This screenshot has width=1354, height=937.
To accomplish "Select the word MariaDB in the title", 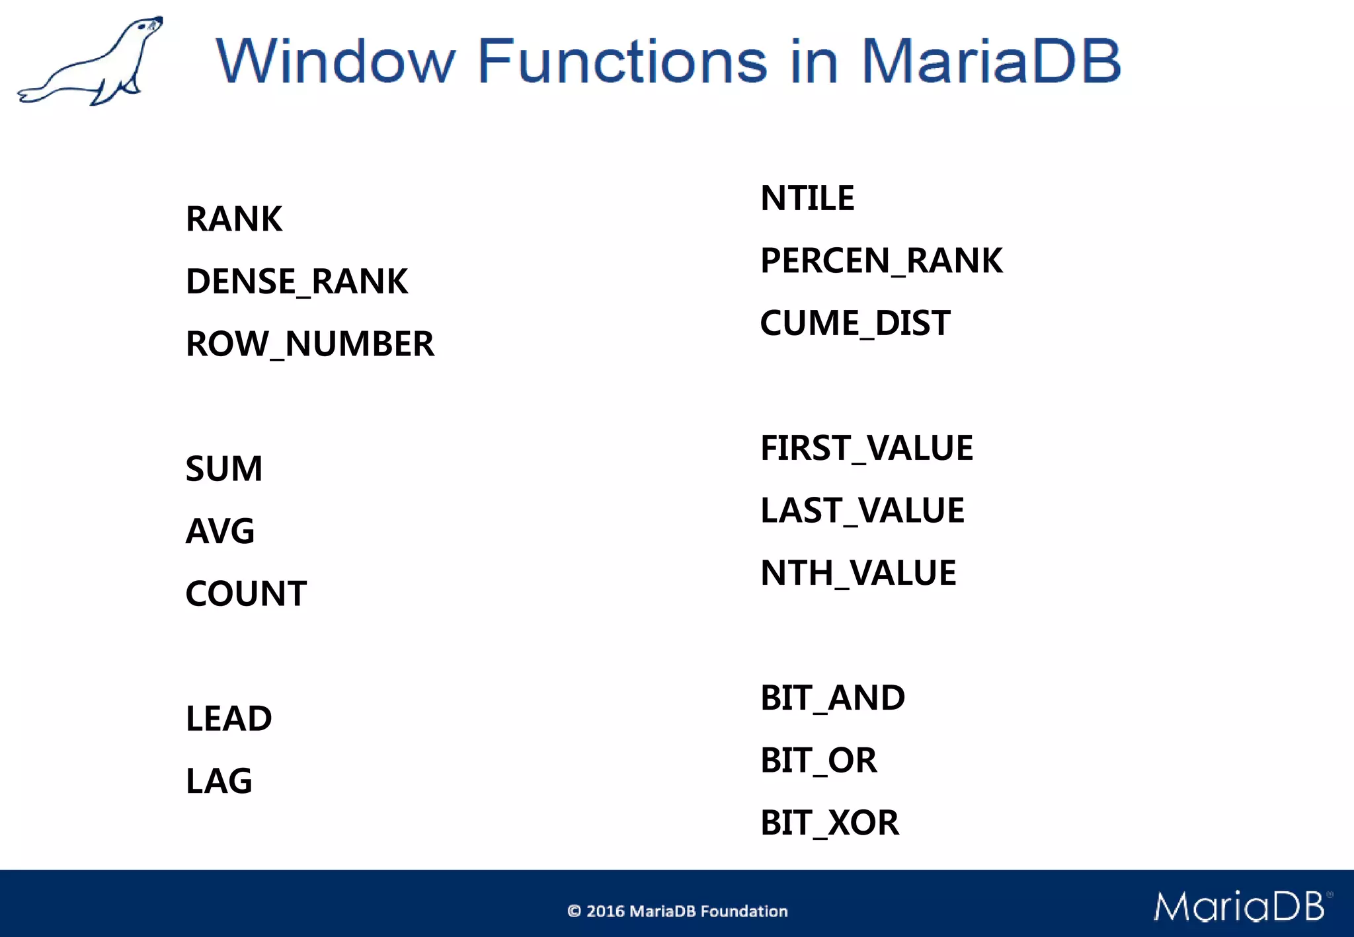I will pyautogui.click(x=990, y=61).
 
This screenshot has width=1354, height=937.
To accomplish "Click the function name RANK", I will pyautogui.click(x=233, y=219).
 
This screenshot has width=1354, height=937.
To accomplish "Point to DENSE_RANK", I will pyautogui.click(x=296, y=281).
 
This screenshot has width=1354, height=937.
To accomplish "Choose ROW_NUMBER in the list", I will pyautogui.click(x=309, y=344).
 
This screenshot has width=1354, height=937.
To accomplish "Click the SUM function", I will pyautogui.click(x=223, y=468).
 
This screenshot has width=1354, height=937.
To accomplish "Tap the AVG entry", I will pyautogui.click(x=219, y=531).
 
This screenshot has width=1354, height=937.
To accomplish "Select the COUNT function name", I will pyautogui.click(x=245, y=593).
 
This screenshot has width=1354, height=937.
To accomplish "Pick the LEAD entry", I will pyautogui.click(x=228, y=718).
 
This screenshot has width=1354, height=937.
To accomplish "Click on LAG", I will pyautogui.click(x=218, y=781).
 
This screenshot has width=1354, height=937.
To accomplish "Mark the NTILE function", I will pyautogui.click(x=807, y=198).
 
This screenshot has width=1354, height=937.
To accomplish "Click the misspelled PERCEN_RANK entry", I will pyautogui.click(x=881, y=260).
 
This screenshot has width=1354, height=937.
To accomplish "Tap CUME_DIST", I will pyautogui.click(x=854, y=323).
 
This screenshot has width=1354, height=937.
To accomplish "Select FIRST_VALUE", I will pyautogui.click(x=866, y=448).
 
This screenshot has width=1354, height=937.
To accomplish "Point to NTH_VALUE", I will pyautogui.click(x=857, y=573).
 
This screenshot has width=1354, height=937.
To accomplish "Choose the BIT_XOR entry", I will pyautogui.click(x=829, y=823).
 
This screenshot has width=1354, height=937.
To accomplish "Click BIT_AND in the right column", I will pyautogui.click(x=832, y=698).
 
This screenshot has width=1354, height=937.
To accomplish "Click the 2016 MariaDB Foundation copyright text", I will pyautogui.click(x=678, y=911).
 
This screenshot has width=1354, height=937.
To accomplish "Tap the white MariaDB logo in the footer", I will pyautogui.click(x=1240, y=906).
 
